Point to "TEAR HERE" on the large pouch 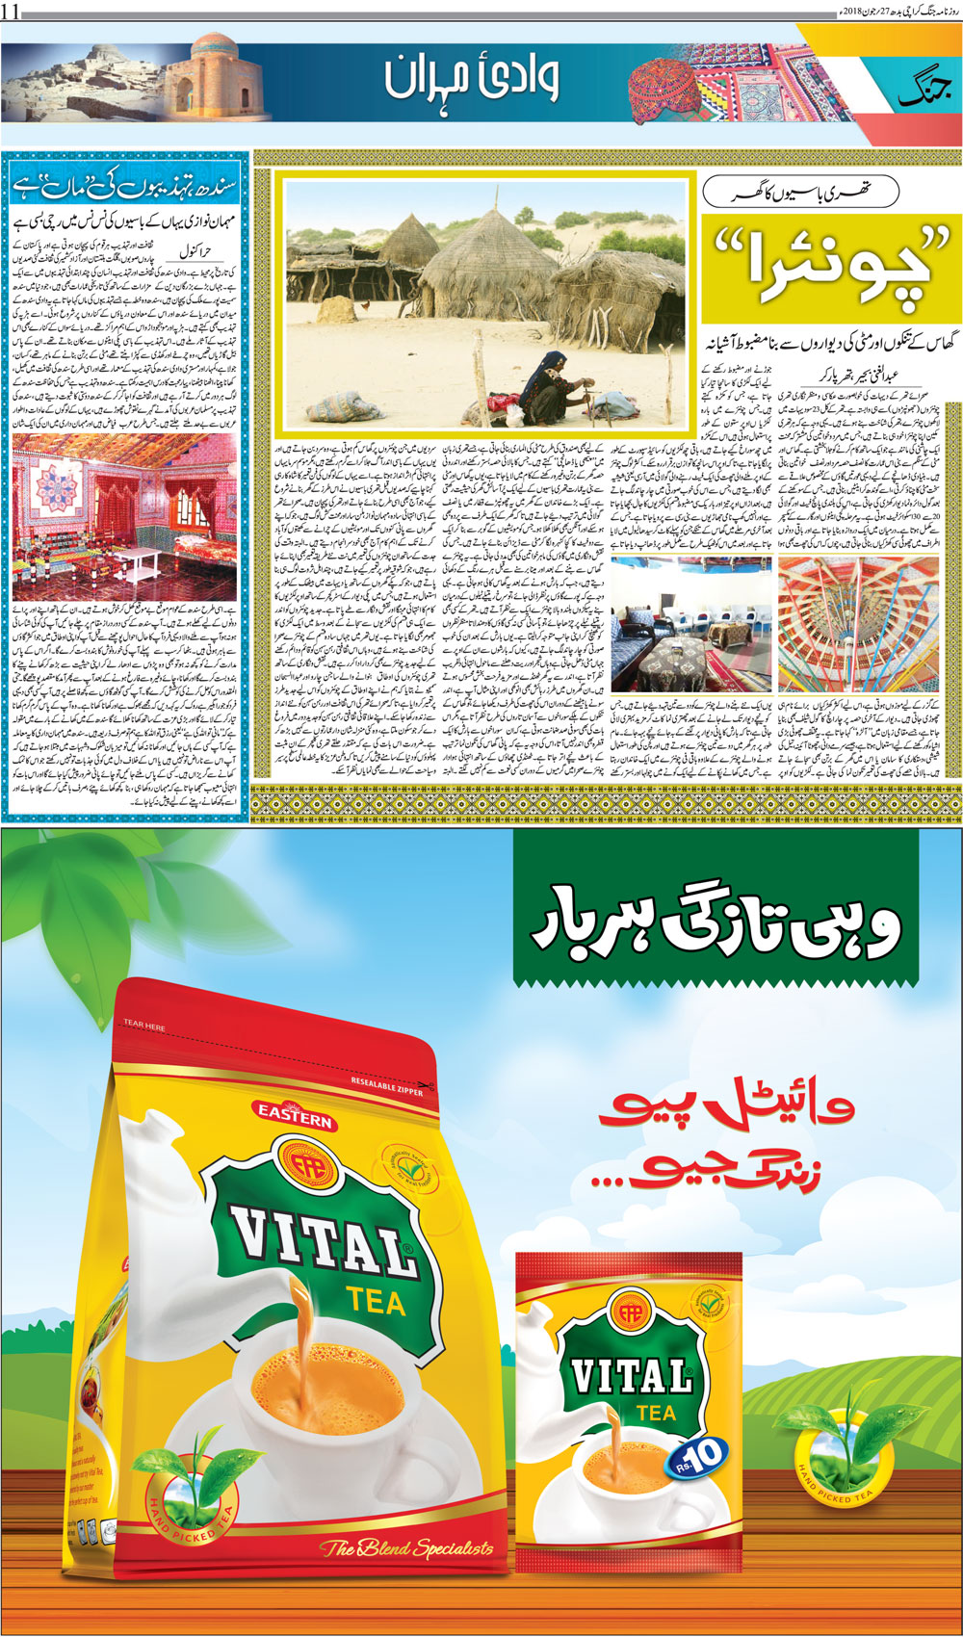click(144, 1026)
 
